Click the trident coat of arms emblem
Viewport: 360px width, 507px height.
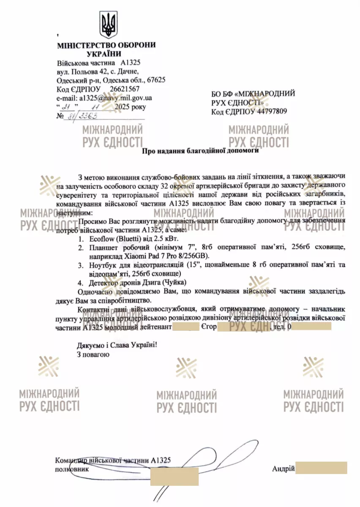point(108,25)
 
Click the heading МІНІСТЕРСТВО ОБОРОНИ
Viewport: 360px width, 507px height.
point(106,45)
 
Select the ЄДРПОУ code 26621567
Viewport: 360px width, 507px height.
point(125,89)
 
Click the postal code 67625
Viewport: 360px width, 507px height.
point(156,80)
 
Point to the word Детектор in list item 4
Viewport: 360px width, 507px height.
point(104,282)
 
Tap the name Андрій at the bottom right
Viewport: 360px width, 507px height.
point(283,469)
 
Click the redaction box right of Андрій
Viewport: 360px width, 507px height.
point(321,468)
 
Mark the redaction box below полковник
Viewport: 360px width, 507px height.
point(174,476)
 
